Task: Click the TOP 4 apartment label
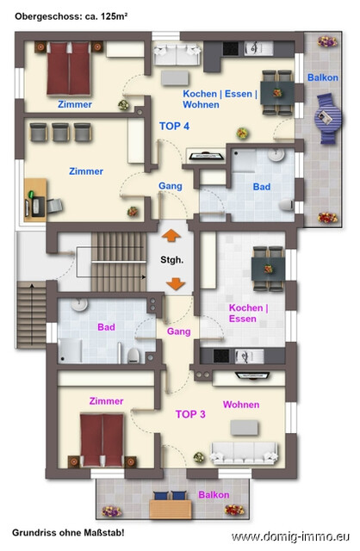(x=174, y=126)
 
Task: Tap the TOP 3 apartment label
(x=190, y=414)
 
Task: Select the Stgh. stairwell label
(x=172, y=260)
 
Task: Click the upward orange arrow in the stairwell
(x=171, y=235)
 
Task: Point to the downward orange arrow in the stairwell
(x=176, y=284)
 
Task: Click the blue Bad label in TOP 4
(x=262, y=187)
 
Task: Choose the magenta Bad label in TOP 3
(x=106, y=327)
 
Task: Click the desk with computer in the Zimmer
(x=35, y=200)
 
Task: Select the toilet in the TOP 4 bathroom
(x=287, y=205)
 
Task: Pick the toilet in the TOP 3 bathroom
(x=133, y=356)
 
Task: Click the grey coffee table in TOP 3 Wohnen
(x=245, y=428)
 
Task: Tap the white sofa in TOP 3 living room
(x=244, y=453)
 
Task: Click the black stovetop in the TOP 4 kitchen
(x=231, y=48)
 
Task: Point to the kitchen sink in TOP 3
(x=249, y=356)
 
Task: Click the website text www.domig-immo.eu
(x=290, y=536)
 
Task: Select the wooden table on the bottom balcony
(x=171, y=509)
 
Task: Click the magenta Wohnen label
(x=241, y=405)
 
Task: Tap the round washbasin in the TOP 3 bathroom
(x=80, y=304)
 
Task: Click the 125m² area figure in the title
(x=114, y=16)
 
